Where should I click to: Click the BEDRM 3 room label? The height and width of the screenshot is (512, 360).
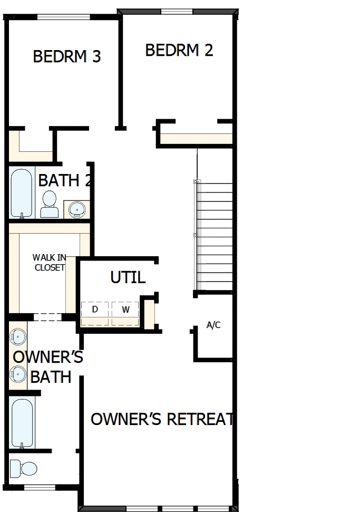tap(67, 56)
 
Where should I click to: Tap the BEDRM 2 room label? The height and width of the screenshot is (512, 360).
tap(179, 50)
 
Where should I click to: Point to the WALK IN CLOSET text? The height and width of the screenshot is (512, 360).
tap(50, 262)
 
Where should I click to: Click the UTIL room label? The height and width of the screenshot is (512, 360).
tap(128, 277)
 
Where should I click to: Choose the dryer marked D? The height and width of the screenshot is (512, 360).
tap(95, 310)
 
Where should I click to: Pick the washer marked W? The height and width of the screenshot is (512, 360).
tap(125, 310)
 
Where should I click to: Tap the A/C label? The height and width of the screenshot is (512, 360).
tap(213, 325)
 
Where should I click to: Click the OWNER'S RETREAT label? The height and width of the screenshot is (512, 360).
tap(162, 419)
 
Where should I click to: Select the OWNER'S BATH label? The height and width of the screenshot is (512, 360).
tap(48, 367)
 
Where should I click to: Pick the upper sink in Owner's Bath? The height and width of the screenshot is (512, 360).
tap(18, 336)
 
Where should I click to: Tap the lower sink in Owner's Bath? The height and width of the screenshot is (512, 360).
tap(18, 375)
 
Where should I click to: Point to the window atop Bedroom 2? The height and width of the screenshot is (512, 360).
tap(176, 12)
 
